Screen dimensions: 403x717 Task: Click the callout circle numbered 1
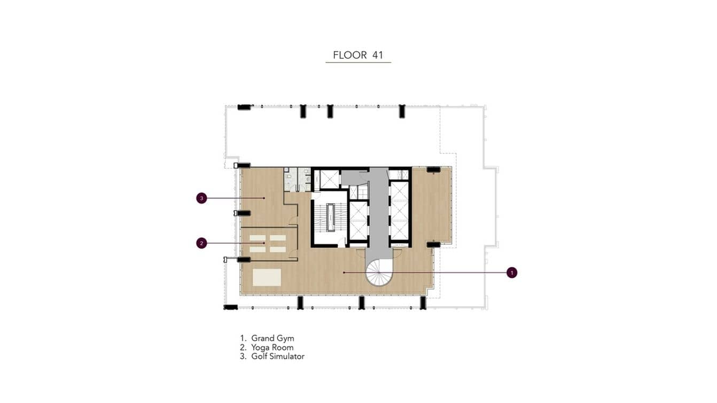[512, 273]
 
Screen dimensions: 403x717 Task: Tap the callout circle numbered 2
[201, 243]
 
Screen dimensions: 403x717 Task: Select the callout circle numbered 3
[201, 198]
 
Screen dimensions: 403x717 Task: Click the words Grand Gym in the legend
[272, 338]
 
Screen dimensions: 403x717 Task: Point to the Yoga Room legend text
[272, 347]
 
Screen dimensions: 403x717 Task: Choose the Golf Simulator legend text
[278, 356]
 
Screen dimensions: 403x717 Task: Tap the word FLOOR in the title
[350, 55]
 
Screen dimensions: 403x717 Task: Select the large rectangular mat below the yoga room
[267, 277]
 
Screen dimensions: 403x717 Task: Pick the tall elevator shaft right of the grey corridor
[399, 210]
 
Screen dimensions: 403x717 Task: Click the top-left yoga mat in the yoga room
[257, 238]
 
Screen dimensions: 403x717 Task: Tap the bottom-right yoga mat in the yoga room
[277, 249]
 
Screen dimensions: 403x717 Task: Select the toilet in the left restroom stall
[289, 175]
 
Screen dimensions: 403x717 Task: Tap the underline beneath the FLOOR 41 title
[358, 63]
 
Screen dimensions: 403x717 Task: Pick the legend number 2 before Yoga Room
[243, 347]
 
